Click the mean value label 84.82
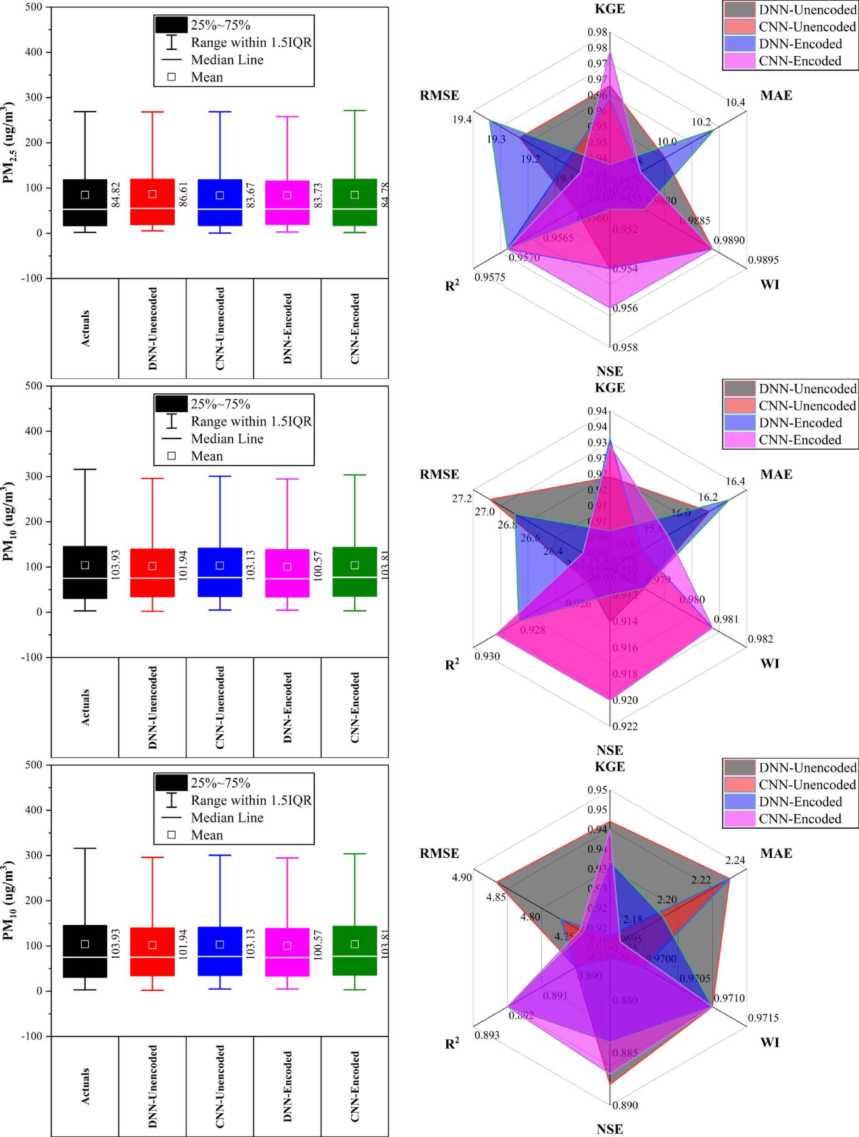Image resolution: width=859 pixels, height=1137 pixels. (x=116, y=195)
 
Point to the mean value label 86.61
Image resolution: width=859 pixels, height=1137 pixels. (x=183, y=195)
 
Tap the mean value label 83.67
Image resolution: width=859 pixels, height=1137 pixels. (x=251, y=195)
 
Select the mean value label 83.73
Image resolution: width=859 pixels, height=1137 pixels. (x=318, y=195)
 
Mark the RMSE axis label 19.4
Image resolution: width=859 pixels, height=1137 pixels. (x=462, y=120)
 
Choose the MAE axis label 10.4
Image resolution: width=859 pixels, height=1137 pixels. (x=735, y=102)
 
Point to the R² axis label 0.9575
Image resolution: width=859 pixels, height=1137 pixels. (x=490, y=277)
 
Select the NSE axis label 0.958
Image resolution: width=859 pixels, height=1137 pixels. (x=625, y=348)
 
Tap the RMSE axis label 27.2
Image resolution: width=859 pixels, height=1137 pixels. (x=462, y=499)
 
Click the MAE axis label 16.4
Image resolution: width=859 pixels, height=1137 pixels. (x=735, y=481)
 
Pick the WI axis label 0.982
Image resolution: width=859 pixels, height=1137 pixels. (x=760, y=639)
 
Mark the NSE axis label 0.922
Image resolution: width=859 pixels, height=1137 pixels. (x=625, y=726)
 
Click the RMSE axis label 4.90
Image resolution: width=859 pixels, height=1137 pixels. (x=462, y=878)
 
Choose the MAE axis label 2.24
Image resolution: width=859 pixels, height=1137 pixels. (x=735, y=860)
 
